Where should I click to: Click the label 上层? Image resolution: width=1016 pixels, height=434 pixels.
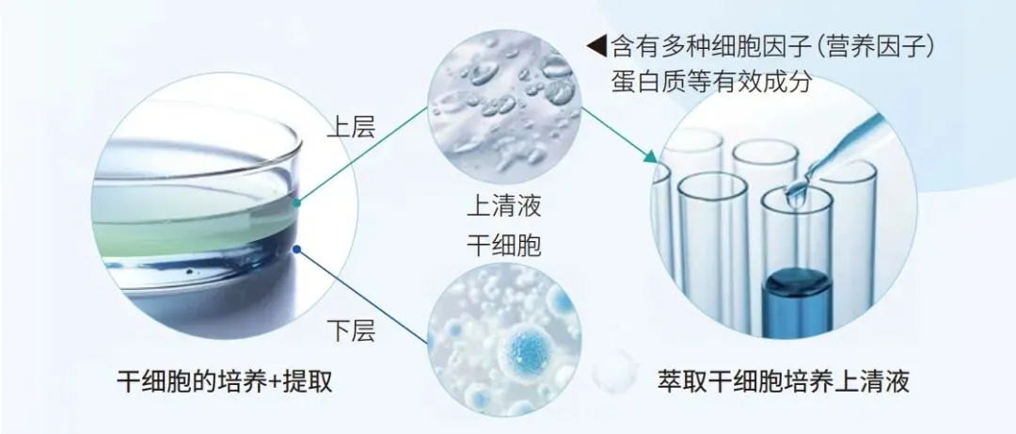(x=351, y=127)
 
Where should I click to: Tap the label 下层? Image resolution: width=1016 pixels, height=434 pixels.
(x=351, y=330)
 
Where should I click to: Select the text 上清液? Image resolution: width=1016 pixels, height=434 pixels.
(x=503, y=204)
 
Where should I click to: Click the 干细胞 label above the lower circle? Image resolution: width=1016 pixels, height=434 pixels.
(x=503, y=245)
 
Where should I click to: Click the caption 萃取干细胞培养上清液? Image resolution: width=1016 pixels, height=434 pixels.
(x=784, y=381)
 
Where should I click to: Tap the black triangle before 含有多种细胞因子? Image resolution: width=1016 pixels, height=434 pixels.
(x=595, y=45)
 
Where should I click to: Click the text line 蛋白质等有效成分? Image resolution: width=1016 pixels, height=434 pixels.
(x=711, y=82)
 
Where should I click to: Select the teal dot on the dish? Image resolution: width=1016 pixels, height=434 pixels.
(x=297, y=201)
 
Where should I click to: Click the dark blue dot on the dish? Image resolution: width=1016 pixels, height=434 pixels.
(x=297, y=249)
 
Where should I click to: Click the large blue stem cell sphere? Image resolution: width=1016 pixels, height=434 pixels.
(x=529, y=351)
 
